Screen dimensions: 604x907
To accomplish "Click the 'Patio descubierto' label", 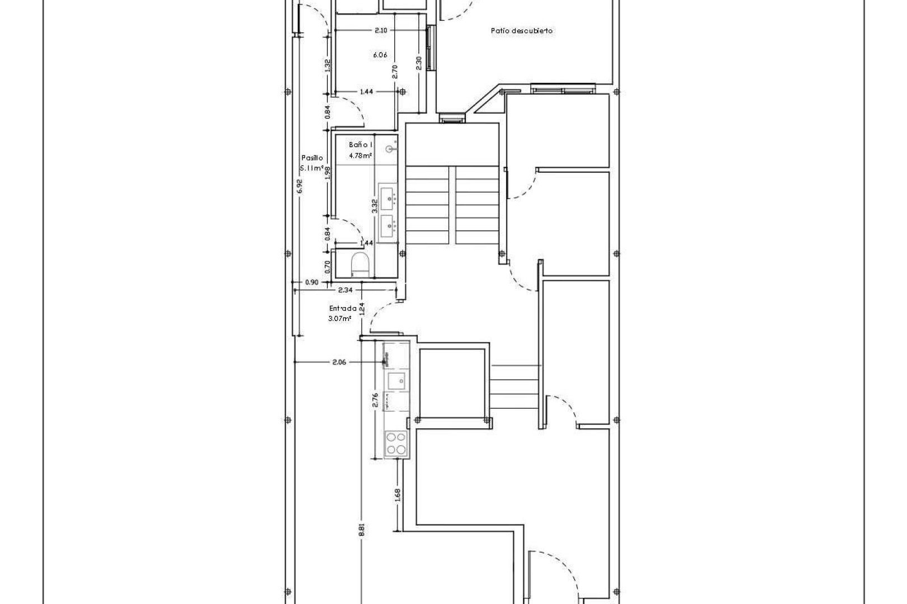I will pos(522,31).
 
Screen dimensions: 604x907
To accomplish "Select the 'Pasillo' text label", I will pos(312,158).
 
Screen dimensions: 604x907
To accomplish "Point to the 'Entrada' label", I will pos(342,308).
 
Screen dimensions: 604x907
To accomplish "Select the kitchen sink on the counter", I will pos(396,381).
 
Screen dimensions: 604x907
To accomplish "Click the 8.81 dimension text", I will pos(362,530).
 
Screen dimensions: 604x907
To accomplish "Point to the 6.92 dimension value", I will pos(300,186).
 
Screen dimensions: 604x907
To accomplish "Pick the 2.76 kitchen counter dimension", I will pos(376,400).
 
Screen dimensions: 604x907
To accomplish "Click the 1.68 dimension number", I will pos(398,495).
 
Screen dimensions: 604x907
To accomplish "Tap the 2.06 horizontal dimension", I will pos(339,362).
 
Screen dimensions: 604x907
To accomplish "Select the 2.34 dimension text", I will pos(345,290).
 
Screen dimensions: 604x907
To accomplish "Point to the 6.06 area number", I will pos(380,55).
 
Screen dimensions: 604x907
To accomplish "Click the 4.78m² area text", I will pos(361,155).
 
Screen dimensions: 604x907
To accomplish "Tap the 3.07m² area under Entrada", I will pos(340,318).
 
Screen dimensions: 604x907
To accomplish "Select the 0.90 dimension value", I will pos(311,282).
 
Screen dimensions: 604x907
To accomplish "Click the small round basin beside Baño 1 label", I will pos(391,149).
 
